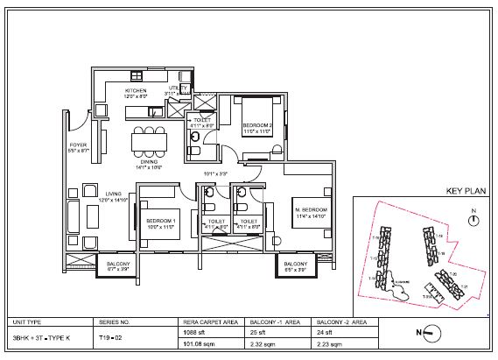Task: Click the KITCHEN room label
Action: point(135,90)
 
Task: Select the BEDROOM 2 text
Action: point(258,126)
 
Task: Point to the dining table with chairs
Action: point(147,139)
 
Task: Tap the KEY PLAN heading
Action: point(466,190)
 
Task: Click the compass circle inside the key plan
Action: point(473,222)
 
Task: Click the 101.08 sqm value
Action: point(195,346)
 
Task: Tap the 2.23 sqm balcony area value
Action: point(329,346)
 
